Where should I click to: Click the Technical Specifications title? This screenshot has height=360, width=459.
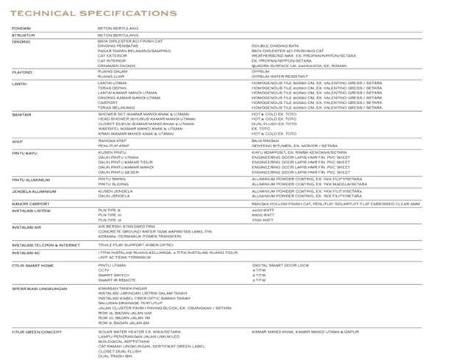coord(93,13)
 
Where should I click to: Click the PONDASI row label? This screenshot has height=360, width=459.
coord(21,29)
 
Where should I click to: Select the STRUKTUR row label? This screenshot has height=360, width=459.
coord(23,35)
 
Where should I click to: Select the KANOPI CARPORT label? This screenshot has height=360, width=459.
coord(30,203)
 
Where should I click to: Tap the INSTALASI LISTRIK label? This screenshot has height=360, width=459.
coord(31,210)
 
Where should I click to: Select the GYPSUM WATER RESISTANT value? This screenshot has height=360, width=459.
coord(280,76)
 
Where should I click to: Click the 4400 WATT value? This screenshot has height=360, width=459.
coord(263,211)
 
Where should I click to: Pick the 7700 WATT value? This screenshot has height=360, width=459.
coord(263,219)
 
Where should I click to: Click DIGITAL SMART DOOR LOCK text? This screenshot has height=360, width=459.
coord(280,265)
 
